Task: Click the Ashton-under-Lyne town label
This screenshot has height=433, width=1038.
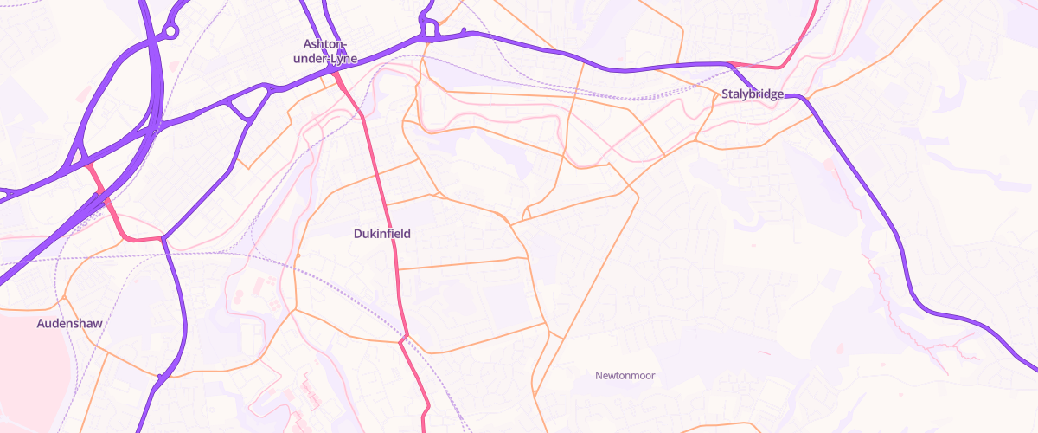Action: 325,51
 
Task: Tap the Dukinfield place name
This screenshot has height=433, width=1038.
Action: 381,234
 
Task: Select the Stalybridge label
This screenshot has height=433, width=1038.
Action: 753,94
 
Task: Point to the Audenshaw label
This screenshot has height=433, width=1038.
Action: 69,324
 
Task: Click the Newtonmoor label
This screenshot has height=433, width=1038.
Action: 625,375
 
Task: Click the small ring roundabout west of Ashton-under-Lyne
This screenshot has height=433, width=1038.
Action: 170,31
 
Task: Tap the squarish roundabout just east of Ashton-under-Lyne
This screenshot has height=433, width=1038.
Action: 428,31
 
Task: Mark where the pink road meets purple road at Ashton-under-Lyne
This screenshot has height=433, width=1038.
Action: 336,75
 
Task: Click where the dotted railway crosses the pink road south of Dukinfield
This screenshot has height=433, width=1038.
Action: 403,336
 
